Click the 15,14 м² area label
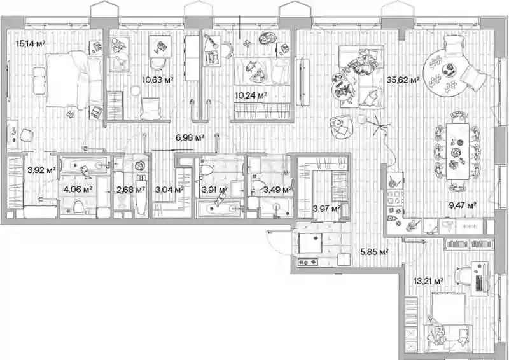pyautogui.click(x=31, y=43)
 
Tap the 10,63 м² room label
pyautogui.click(x=157, y=80)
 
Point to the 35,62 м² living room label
pyautogui.click(x=403, y=80)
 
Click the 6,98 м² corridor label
pyautogui.click(x=190, y=137)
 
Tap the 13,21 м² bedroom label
pyautogui.click(x=428, y=281)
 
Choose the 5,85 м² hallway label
pyautogui.click(x=375, y=252)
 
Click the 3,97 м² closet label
pyautogui.click(x=326, y=208)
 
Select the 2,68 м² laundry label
pyautogui.click(x=130, y=190)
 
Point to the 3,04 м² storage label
pyautogui.click(x=169, y=190)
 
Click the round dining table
pyautogui.click(x=443, y=74)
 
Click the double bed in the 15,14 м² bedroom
pyautogui.click(x=67, y=80)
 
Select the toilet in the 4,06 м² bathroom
pyautogui.click(x=78, y=206)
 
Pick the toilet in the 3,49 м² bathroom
pyautogui.click(x=259, y=185)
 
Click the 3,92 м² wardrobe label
pyautogui.click(x=41, y=170)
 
